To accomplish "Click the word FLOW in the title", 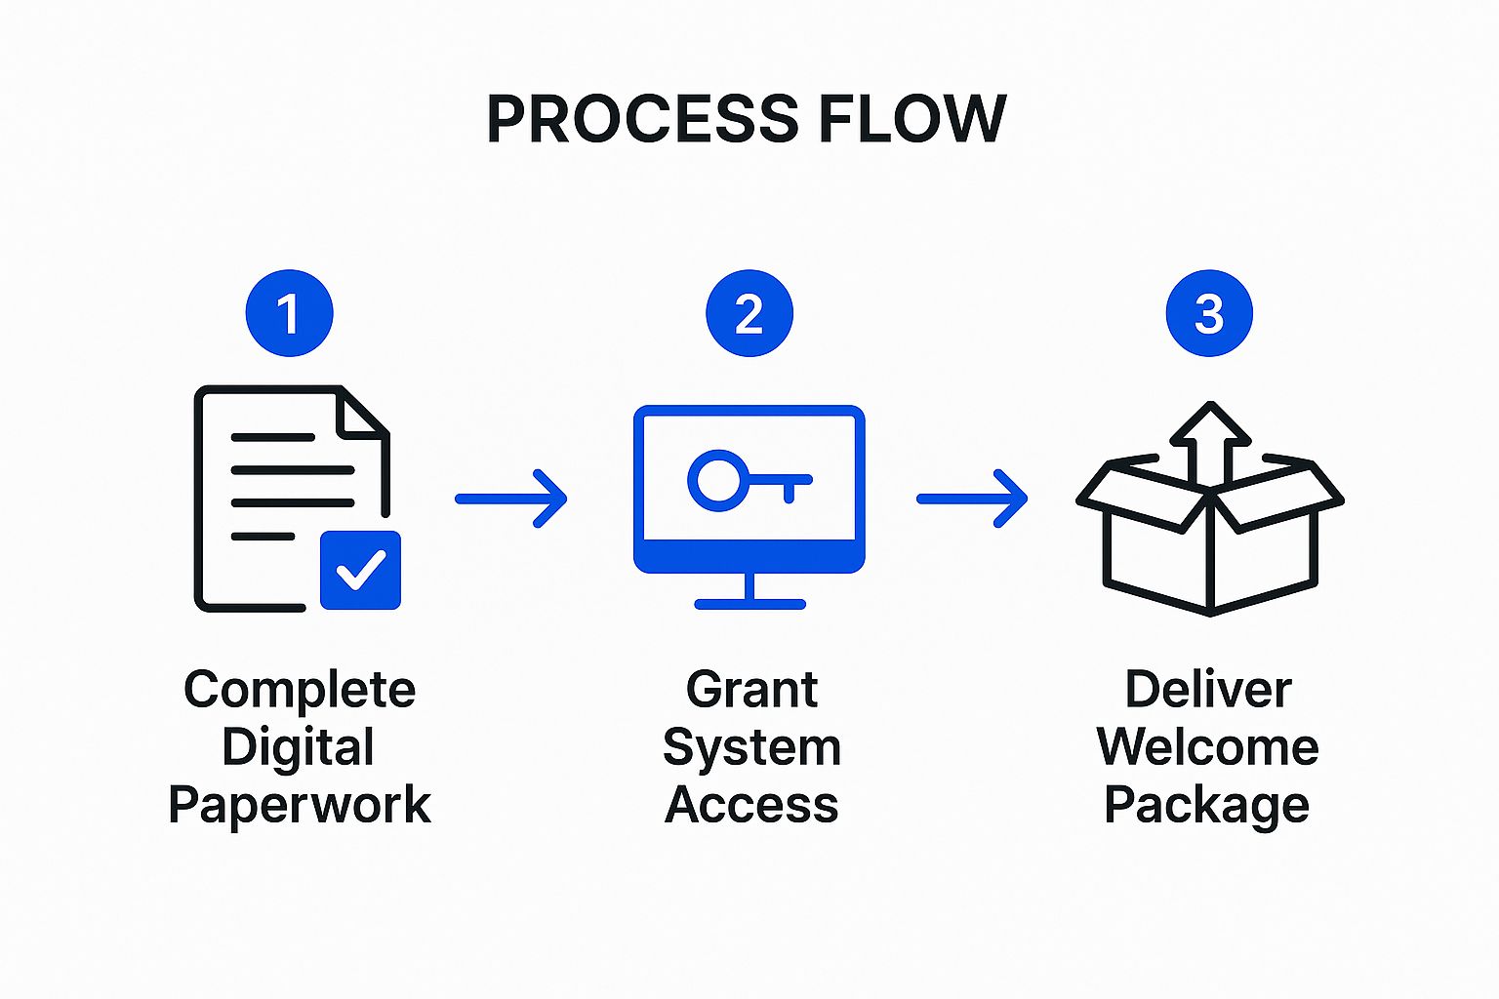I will [912, 119].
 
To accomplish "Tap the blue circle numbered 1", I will [289, 313].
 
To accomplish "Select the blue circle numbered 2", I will [749, 313].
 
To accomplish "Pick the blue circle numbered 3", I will [1209, 313].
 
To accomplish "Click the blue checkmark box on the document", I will [360, 570].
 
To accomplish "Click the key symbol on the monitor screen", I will [747, 480].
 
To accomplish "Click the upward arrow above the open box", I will [1210, 439].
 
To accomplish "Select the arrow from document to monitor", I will [511, 499].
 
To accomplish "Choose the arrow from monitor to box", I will [972, 499].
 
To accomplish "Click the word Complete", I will [300, 691].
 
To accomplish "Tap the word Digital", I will [298, 748].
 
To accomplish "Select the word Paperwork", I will [299, 806].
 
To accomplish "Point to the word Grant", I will [751, 691].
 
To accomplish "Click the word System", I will [751, 748].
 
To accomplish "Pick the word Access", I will [751, 806].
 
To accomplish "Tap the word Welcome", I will [1208, 748].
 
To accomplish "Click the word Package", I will [1206, 806].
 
